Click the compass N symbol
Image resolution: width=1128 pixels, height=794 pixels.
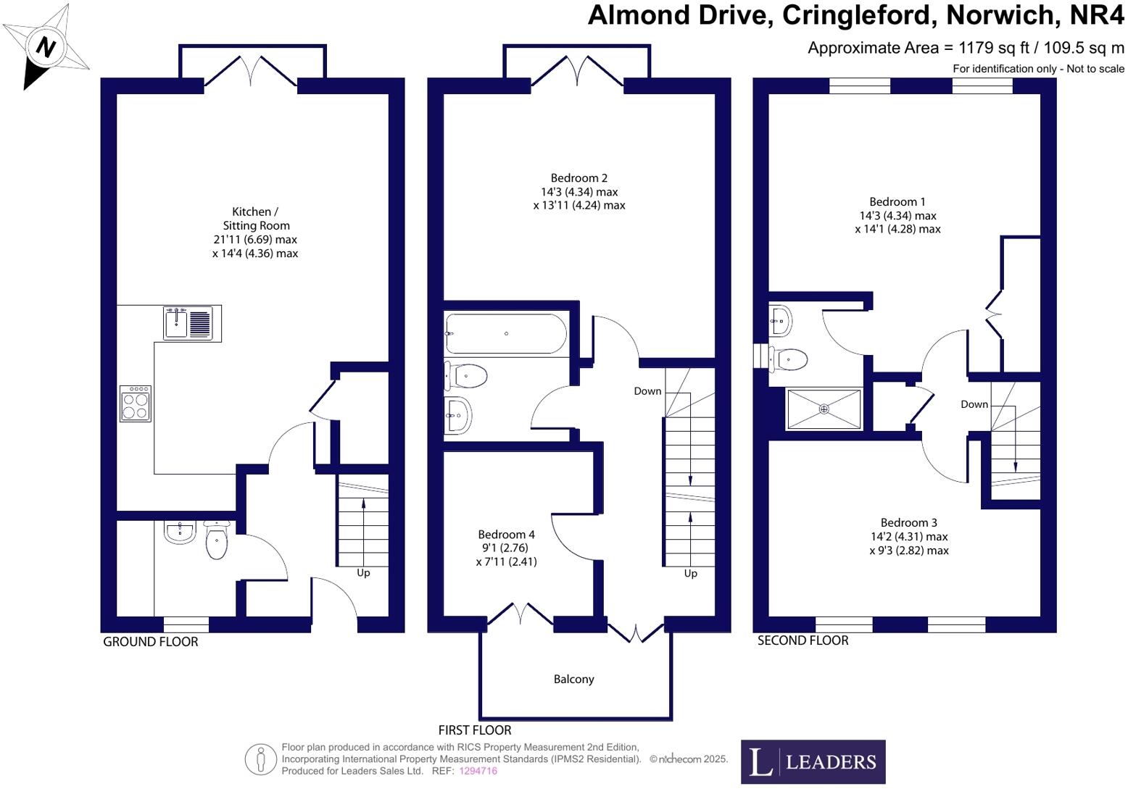[x=46, y=48]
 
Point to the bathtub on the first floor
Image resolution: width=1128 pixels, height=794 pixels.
[x=506, y=333]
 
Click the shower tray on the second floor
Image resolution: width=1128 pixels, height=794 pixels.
[x=824, y=409]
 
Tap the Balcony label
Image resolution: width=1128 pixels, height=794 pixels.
[x=573, y=680]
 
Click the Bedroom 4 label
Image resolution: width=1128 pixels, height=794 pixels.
[x=506, y=535]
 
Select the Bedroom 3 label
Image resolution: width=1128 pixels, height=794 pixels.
[x=908, y=522]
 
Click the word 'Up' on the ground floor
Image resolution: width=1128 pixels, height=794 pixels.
[x=363, y=572]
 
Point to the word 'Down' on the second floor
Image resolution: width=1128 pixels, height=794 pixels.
[x=974, y=404]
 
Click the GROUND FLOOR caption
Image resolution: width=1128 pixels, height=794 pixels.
[x=150, y=642]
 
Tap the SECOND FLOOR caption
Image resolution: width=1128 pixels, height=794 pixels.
[x=803, y=640]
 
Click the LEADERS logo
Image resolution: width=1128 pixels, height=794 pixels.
[x=813, y=761]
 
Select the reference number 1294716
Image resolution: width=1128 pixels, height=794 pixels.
[x=478, y=772]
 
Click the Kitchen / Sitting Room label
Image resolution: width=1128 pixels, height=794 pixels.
[x=255, y=218]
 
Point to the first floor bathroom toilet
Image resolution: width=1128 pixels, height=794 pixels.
[x=466, y=376]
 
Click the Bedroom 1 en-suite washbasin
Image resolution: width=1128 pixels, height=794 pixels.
[x=780, y=319]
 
